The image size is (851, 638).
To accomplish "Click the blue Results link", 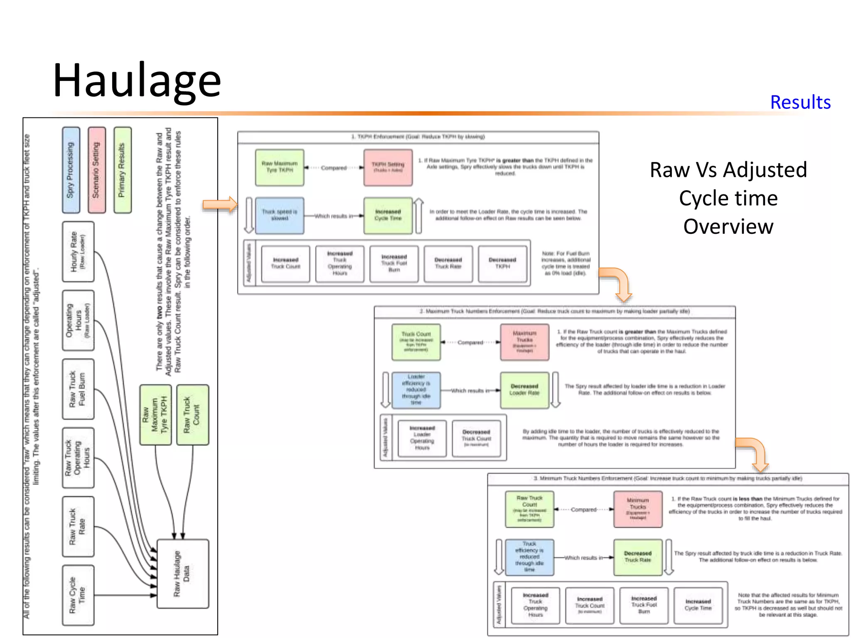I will coord(800,102).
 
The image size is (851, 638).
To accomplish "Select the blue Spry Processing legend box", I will coord(71,170).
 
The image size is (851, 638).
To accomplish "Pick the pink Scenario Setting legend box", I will coord(96,170).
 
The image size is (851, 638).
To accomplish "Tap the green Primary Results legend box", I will coord(122,170).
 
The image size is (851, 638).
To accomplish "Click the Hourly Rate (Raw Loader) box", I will coord(78,252).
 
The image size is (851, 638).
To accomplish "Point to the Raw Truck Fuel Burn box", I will coord(78,389).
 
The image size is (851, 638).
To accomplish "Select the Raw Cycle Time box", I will coord(78,595).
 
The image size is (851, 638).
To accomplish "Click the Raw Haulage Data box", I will coord(182,574).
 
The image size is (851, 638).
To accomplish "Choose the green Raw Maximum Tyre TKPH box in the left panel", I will coord(155,415).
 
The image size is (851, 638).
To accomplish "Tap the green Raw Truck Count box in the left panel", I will coord(192,415).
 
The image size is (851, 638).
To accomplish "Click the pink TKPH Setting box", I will coord(388,167).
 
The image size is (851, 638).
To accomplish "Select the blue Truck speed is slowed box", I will coord(279,216).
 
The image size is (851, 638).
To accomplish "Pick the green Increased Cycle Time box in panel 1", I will coord(388,216).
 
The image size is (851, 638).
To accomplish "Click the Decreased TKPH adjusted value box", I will coord(502,264).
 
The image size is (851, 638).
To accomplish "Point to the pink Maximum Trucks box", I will coord(524,342).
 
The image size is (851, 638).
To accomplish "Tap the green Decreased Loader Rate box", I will coord(524,390).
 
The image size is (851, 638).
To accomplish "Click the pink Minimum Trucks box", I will coord(637,509).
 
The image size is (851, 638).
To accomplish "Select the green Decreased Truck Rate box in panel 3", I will coord(637,557).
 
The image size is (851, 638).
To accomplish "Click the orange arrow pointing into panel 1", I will coord(220,204).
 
